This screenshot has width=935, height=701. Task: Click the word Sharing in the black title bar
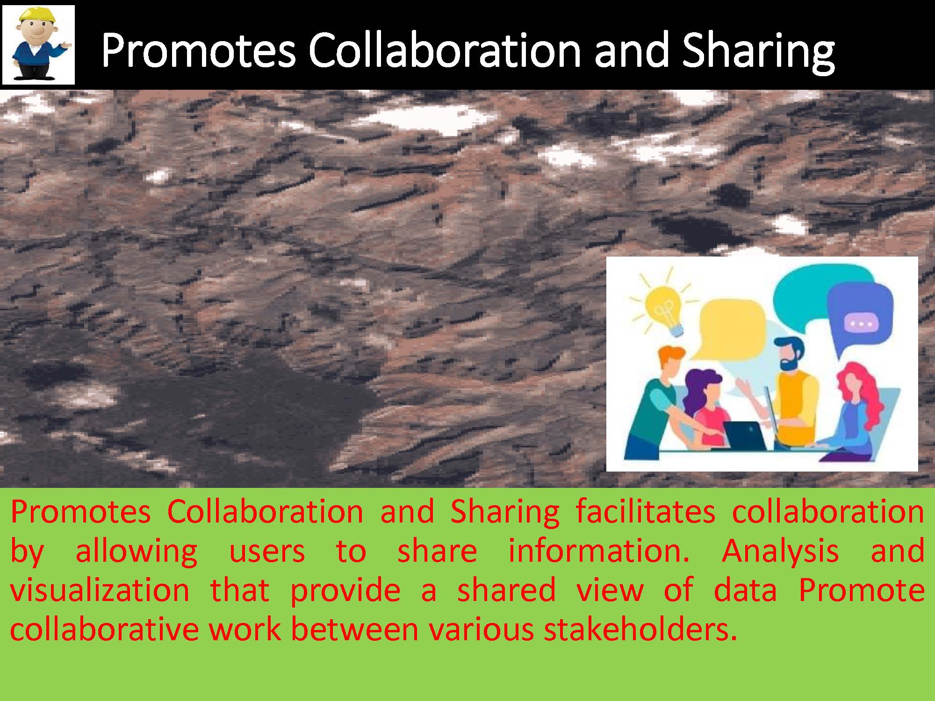[758, 51]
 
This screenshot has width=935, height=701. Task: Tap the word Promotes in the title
[199, 50]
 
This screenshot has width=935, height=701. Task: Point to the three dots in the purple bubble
[861, 323]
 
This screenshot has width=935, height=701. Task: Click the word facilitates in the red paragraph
[645, 512]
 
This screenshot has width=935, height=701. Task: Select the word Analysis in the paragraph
[780, 551]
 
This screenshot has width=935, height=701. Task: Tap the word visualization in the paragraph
[100, 590]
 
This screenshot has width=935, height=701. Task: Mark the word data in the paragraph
[745, 590]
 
